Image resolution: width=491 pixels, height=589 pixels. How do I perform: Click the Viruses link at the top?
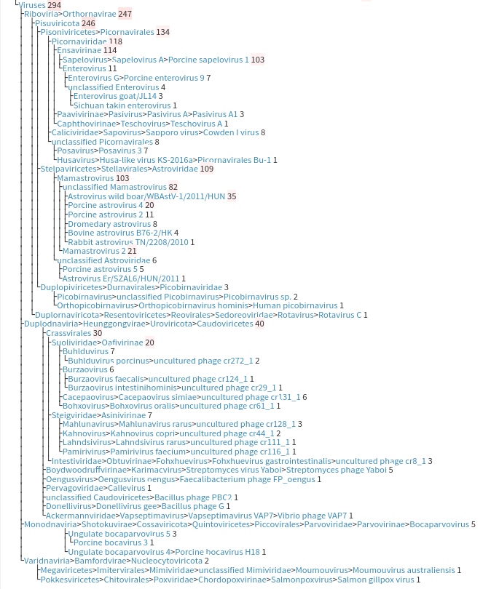point(32,5)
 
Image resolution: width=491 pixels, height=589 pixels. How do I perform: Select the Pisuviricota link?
point(58,23)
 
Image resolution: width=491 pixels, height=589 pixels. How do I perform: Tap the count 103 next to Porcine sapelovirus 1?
point(258,60)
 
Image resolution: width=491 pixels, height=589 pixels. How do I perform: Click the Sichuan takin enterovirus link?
point(122,105)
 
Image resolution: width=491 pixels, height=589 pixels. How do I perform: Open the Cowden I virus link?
point(231,132)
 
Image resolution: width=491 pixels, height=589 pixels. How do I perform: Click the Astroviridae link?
point(175,169)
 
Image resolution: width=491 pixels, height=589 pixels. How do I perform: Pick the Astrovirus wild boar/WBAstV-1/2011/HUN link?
point(146,196)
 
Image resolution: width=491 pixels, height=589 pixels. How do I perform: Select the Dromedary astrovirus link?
point(109,224)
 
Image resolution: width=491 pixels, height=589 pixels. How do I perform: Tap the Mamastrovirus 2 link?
point(94,251)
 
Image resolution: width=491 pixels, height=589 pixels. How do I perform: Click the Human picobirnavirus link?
point(295,305)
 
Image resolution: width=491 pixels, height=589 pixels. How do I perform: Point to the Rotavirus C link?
point(339,315)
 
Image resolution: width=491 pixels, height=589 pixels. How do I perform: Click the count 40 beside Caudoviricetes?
point(259,324)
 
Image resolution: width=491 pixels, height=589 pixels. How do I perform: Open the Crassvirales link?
point(68,333)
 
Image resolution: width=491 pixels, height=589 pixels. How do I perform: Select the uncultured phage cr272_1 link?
point(203,361)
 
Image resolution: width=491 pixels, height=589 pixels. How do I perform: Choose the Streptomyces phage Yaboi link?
point(337,470)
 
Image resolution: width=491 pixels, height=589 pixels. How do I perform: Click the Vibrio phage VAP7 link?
point(313,516)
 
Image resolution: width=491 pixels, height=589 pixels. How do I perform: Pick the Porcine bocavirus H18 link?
point(218,552)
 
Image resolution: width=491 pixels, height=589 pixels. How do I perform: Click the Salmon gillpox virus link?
point(376,580)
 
